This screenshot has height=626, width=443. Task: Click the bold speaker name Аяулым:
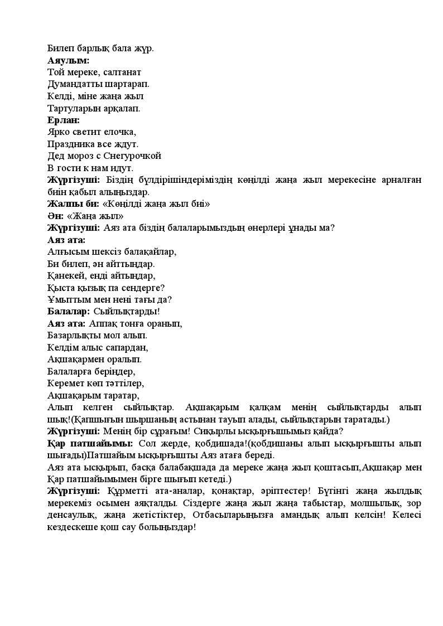pos(69,60)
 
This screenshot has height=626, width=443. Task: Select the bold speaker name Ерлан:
pos(64,120)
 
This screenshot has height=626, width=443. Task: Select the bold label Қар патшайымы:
pos(90,443)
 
